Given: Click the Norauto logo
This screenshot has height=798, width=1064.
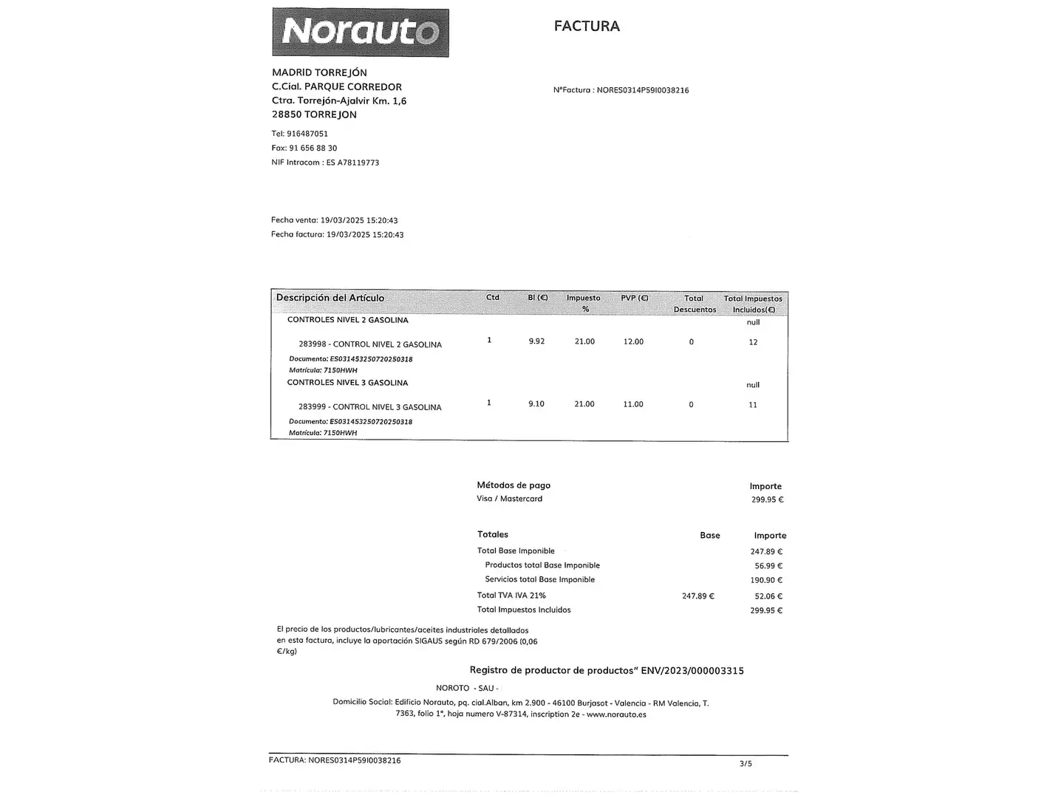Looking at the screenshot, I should pyautogui.click(x=361, y=33).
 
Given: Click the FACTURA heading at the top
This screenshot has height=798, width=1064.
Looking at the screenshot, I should pyautogui.click(x=587, y=26).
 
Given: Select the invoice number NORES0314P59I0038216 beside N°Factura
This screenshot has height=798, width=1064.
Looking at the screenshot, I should pyautogui.click(x=642, y=90).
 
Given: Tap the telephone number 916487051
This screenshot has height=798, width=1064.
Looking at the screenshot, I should pyautogui.click(x=307, y=134).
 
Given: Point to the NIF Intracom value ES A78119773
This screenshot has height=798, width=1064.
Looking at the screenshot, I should pyautogui.click(x=352, y=163).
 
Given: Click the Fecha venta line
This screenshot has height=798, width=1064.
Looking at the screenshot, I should pyautogui.click(x=334, y=220).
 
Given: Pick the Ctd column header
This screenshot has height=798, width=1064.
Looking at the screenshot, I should pyautogui.click(x=493, y=298).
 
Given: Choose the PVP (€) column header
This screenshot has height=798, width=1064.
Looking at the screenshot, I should pyautogui.click(x=634, y=298).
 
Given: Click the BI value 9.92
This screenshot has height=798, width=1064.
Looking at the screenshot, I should pyautogui.click(x=536, y=341).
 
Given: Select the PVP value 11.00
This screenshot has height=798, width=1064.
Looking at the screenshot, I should pyautogui.click(x=633, y=404).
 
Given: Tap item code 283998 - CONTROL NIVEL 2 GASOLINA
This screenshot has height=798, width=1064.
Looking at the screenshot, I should pyautogui.click(x=370, y=344).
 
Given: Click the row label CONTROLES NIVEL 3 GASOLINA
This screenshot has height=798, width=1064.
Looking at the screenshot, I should pyautogui.click(x=347, y=383).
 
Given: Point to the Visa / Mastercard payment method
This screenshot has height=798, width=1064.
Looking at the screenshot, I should pyautogui.click(x=510, y=499).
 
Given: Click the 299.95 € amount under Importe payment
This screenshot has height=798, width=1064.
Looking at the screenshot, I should pyautogui.click(x=767, y=499).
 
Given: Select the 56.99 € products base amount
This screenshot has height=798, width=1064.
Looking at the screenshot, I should pyautogui.click(x=768, y=566).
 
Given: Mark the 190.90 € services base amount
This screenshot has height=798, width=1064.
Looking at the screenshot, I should pyautogui.click(x=766, y=580).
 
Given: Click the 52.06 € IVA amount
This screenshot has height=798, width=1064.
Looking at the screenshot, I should pyautogui.click(x=768, y=596).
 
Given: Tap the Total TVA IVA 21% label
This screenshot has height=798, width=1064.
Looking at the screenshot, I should pyautogui.click(x=511, y=596).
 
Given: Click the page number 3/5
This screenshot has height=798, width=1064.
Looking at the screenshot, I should pyautogui.click(x=746, y=764).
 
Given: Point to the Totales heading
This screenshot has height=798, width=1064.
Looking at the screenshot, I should pyautogui.click(x=493, y=534).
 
